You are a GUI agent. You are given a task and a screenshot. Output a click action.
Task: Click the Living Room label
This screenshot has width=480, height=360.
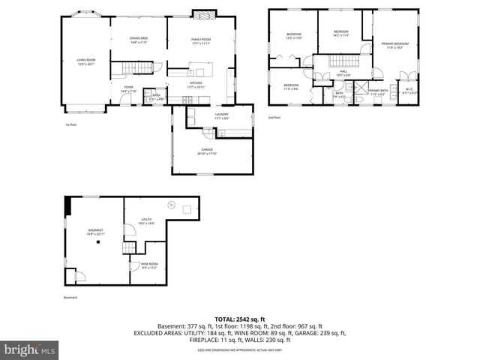85,61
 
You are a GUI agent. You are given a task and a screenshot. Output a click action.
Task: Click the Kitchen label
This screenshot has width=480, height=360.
196,85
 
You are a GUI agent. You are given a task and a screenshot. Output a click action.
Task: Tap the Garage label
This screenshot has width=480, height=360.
206,151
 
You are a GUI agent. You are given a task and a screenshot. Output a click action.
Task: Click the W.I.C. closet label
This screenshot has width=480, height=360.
409,91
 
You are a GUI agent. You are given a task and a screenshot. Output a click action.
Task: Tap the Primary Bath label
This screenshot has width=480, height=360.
377,91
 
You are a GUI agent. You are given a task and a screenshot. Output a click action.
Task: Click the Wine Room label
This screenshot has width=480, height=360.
149,265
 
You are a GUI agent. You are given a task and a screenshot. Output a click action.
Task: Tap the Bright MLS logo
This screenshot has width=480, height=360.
30,349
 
